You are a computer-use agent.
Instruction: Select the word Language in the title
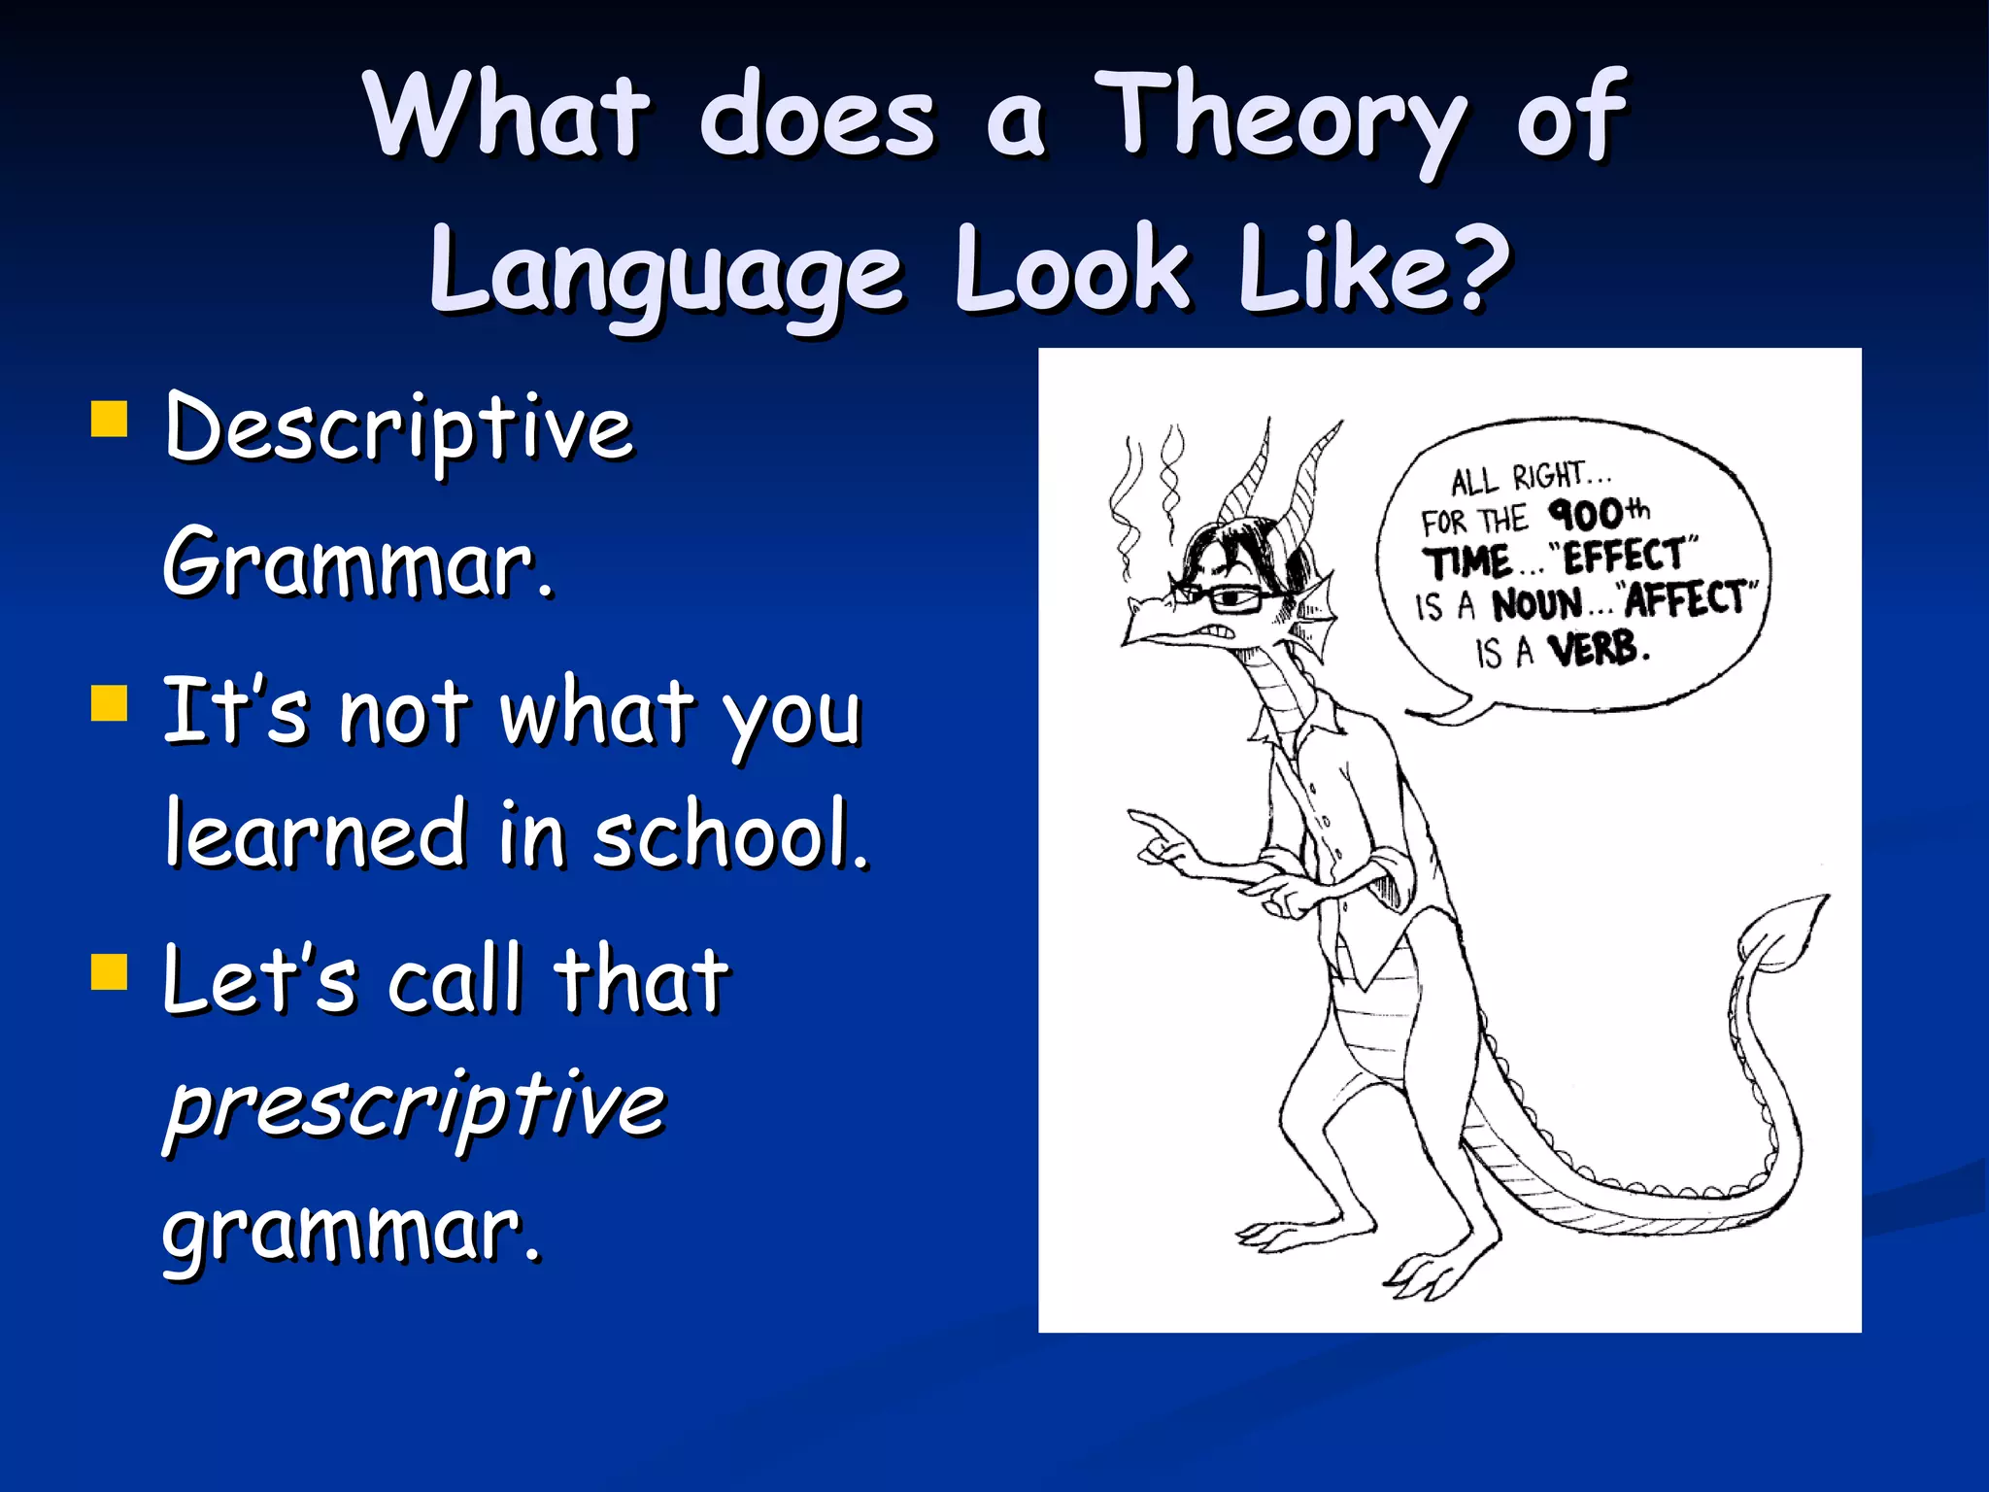point(666,272)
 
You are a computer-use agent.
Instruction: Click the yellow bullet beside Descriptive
point(109,421)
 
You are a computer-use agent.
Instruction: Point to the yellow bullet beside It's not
point(109,704)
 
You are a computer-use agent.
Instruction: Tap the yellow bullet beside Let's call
point(109,970)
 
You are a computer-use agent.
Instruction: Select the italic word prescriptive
point(415,1107)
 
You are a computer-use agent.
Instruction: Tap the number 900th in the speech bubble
point(1598,513)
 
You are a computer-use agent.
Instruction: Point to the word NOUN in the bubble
point(1536,604)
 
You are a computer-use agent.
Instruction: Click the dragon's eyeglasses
point(1219,595)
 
